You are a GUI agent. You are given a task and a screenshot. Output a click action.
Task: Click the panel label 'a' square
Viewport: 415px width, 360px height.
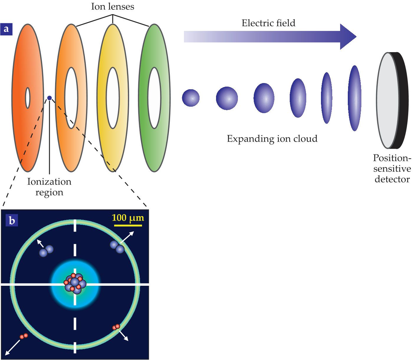point(6,29)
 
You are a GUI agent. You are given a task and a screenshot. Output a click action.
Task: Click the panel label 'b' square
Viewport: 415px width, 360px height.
point(12,220)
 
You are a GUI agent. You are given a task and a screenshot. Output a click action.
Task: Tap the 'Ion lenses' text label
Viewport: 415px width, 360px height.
point(113,7)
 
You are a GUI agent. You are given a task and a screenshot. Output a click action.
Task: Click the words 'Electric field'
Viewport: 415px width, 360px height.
point(268,23)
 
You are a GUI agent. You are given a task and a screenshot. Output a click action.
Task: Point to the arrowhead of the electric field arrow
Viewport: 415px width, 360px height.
point(348,37)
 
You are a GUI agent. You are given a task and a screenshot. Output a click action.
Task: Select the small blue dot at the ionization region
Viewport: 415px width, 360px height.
point(50,98)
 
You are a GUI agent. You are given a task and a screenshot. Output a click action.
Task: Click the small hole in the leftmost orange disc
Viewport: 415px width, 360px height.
point(28,98)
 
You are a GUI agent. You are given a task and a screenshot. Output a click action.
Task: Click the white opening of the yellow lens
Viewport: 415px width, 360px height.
point(113,98)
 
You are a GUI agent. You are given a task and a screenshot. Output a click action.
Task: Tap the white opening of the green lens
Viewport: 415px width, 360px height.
point(154,98)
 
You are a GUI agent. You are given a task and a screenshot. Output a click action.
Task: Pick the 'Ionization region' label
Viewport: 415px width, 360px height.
point(49,187)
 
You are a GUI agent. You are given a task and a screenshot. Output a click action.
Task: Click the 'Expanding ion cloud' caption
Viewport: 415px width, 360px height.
point(272,139)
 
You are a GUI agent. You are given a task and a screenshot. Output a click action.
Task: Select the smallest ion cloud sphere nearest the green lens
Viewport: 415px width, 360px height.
point(191,98)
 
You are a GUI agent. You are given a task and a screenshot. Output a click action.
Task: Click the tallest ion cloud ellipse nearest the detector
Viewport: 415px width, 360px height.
point(355,98)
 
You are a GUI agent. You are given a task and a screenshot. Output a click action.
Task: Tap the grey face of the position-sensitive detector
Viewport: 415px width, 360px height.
point(387,100)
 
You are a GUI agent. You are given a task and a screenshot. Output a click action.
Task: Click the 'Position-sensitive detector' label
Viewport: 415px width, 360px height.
point(392,169)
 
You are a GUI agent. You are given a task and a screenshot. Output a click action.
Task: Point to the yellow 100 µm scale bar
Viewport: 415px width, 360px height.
point(128,225)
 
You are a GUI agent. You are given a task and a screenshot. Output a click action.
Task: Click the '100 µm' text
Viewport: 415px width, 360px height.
point(128,218)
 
